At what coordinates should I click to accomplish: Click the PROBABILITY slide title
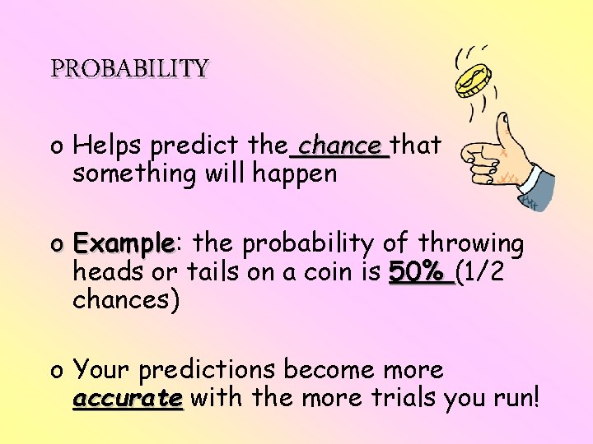tap(129, 67)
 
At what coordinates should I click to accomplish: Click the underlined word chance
tap(339, 146)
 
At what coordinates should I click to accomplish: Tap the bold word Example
tap(123, 244)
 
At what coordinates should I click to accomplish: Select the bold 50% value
tap(419, 272)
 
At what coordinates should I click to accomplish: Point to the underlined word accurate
tap(127, 399)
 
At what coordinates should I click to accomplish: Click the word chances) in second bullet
tap(126, 300)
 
